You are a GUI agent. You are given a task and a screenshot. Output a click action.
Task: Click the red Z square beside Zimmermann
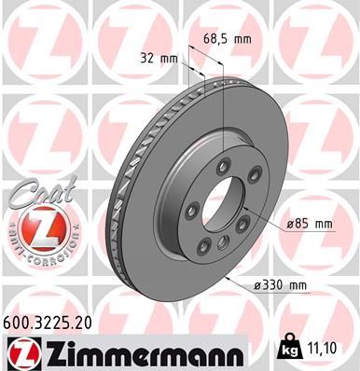coord(21,351)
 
